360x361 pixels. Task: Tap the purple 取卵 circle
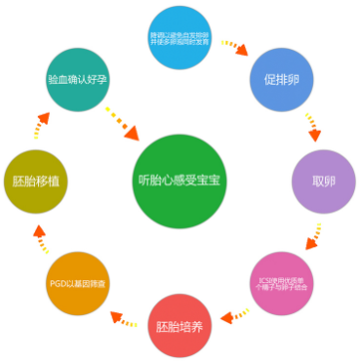point(322,182)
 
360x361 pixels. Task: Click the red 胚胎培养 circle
point(180,326)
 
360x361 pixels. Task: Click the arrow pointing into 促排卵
point(235,48)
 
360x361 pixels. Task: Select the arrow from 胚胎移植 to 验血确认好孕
point(41,128)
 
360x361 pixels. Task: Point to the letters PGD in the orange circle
point(59,282)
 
